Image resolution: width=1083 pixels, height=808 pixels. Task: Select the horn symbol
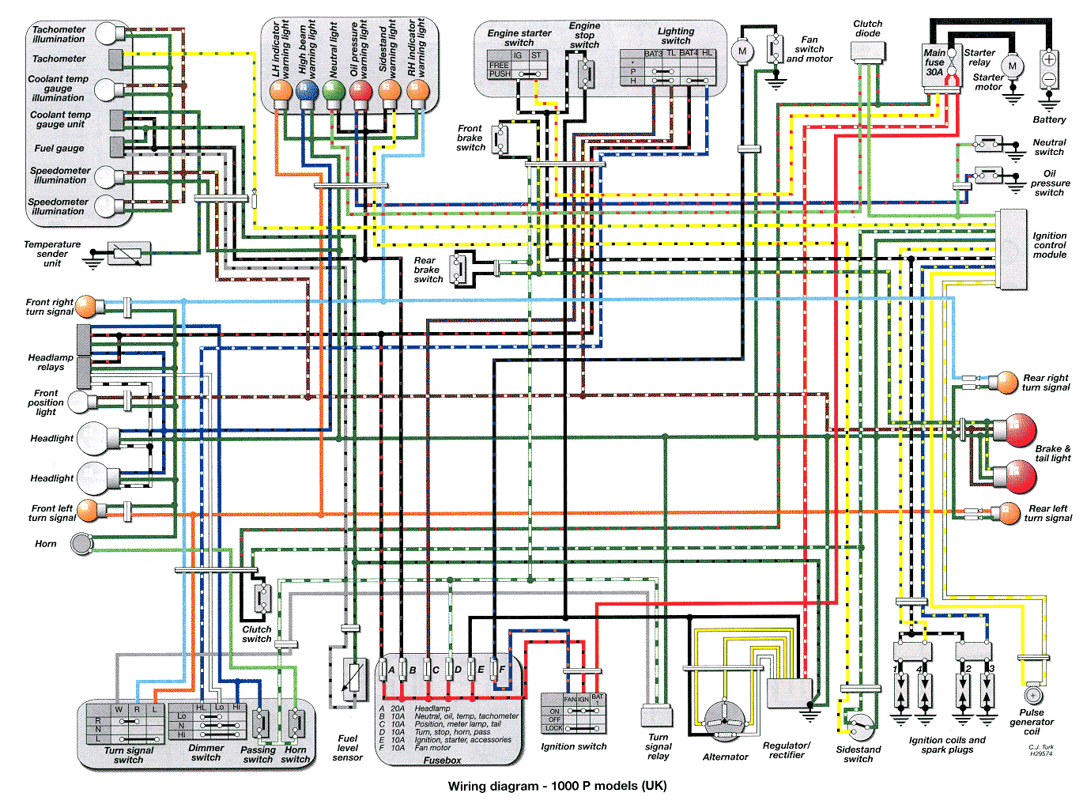point(82,544)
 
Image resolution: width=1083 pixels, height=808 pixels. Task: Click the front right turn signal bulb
point(86,307)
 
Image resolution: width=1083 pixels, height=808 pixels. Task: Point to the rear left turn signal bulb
point(1009,513)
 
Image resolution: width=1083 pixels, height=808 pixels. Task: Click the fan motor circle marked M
point(741,52)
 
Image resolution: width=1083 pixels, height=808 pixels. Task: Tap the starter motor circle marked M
point(1012,66)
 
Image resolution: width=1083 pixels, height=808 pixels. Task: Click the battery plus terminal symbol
point(1049,59)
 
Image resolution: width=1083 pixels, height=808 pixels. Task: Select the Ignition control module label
point(1049,245)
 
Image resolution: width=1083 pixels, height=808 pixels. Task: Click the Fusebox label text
point(442,761)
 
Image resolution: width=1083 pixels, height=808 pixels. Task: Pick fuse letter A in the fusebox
point(391,670)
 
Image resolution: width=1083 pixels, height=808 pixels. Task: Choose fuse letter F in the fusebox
point(502,670)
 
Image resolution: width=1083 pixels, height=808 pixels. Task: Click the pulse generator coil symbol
point(1032,695)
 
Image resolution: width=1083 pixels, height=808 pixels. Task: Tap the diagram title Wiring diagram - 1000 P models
point(557,786)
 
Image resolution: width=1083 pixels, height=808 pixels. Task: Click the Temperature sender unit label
point(52,254)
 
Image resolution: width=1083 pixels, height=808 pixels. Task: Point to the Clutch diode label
point(867,28)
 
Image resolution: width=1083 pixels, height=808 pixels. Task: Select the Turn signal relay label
point(658,746)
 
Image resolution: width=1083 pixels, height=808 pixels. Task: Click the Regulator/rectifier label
point(786,749)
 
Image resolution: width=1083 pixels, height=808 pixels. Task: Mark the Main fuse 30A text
point(934,62)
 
